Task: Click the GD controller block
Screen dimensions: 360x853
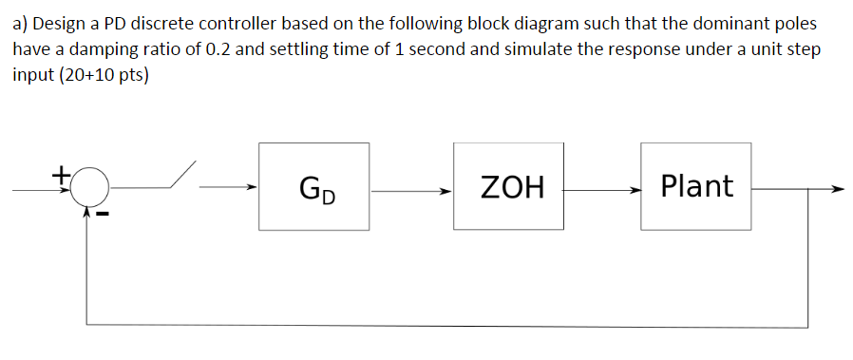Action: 314,186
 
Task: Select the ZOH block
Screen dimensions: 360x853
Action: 508,186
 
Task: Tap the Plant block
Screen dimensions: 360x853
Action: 695,186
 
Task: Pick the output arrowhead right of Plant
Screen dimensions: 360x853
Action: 836,188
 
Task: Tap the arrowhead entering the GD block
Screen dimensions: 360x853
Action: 251,188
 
